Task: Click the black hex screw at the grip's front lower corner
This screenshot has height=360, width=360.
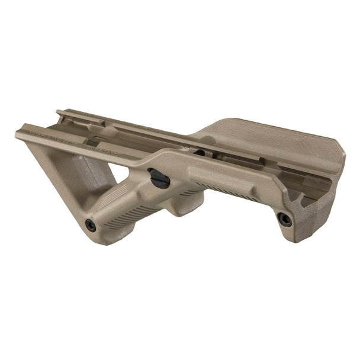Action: pyautogui.click(x=91, y=225)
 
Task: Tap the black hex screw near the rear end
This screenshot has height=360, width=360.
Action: pyautogui.click(x=285, y=219)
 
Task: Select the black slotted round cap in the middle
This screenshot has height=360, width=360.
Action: pyautogui.click(x=159, y=178)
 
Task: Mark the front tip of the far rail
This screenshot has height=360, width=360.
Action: pyautogui.click(x=58, y=112)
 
